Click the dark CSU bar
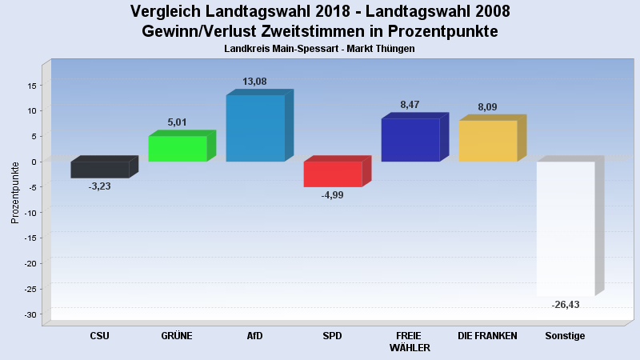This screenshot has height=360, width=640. [100, 170]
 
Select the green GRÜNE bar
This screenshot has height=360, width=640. [178, 149]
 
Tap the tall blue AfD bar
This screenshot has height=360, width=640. [255, 128]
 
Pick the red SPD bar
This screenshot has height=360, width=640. [333, 174]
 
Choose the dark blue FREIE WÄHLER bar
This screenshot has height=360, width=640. [410, 140]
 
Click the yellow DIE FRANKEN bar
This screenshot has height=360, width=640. [488, 141]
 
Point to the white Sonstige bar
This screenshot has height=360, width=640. [566, 229]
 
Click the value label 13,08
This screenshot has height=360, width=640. [255, 82]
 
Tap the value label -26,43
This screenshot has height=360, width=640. [566, 305]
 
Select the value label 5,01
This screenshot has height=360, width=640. [178, 122]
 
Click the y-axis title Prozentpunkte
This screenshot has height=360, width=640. [15, 192]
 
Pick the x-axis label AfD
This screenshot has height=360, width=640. [255, 336]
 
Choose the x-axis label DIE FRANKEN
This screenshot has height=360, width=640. [488, 336]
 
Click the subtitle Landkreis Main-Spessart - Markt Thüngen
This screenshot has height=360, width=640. [320, 50]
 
